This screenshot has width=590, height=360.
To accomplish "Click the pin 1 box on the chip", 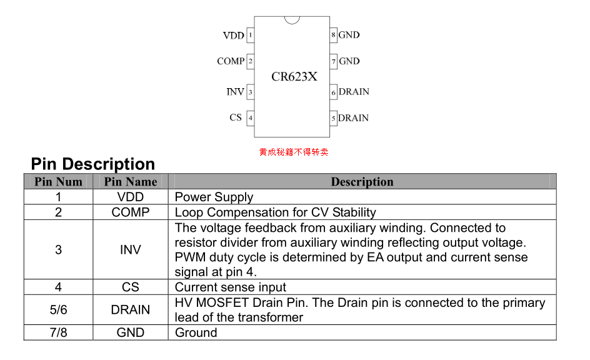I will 251,36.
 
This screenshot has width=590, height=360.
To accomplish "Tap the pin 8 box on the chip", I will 334,35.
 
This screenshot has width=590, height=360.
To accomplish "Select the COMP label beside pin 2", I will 231,61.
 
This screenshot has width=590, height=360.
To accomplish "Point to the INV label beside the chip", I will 235,92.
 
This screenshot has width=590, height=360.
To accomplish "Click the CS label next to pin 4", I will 236,117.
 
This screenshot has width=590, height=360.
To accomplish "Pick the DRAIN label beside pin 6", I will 354,92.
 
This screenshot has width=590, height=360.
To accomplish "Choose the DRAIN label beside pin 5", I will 354,118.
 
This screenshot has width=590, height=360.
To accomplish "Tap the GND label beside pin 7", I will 349,61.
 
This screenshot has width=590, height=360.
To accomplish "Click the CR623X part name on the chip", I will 294,77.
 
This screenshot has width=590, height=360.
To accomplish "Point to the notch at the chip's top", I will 292,20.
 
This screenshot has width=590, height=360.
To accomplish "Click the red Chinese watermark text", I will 294,152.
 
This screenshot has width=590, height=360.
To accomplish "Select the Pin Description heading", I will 93,164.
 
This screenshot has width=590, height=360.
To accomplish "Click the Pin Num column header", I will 58,182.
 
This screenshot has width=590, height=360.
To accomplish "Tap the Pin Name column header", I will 131,182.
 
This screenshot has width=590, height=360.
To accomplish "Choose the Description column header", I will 362,182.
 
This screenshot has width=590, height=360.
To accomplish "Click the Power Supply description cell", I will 214,197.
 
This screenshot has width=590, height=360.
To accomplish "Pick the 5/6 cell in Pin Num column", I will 58,310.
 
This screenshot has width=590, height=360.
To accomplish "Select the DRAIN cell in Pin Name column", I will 131,310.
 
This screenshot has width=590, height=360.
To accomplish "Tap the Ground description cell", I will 196,332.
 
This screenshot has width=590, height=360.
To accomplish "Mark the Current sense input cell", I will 230,287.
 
